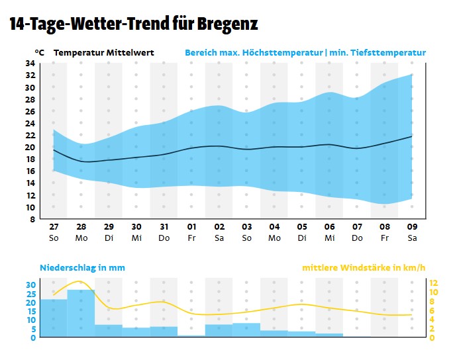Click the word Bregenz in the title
coord(224,24)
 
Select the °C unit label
coord(40,52)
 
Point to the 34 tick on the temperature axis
coord(30,64)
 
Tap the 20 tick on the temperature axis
coord(30,148)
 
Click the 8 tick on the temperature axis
coord(32,220)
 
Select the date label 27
coord(54,226)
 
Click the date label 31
coord(164,226)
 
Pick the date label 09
coord(411,226)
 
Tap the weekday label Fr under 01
coord(191,237)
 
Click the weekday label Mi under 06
coord(329,237)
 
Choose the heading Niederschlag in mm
coord(82,268)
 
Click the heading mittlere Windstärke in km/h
coord(364,268)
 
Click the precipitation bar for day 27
coord(54,318)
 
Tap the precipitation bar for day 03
coord(246,330)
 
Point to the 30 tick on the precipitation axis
coord(30,285)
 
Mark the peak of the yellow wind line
coord(80,282)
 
